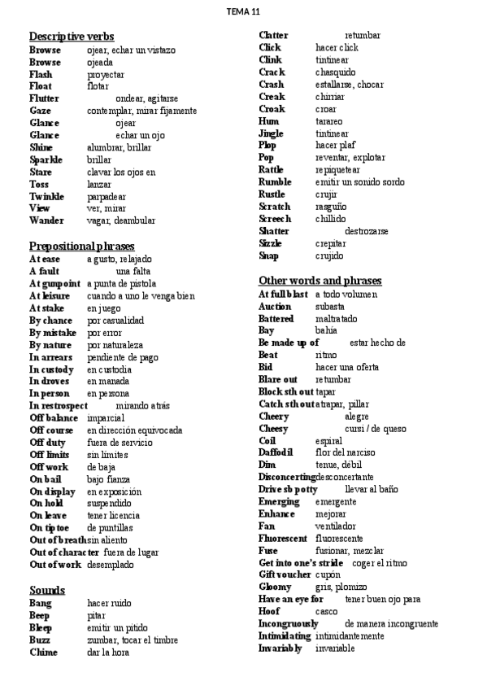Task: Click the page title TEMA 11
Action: tap(243, 12)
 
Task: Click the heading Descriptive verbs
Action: tap(72, 37)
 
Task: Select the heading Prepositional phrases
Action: tap(82, 246)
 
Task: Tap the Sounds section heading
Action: tap(47, 590)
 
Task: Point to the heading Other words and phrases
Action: tap(320, 281)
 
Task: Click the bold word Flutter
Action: tap(44, 98)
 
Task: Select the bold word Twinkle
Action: tap(46, 196)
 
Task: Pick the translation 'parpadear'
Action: tap(107, 196)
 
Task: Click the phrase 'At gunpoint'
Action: tap(54, 283)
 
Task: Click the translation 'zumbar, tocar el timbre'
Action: tap(133, 640)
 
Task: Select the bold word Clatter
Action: tap(273, 36)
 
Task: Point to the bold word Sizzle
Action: tap(271, 243)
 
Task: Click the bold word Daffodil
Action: tap(276, 452)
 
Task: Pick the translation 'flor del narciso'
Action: tap(345, 452)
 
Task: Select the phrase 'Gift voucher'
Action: tap(285, 574)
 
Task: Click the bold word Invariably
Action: tap(280, 649)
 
